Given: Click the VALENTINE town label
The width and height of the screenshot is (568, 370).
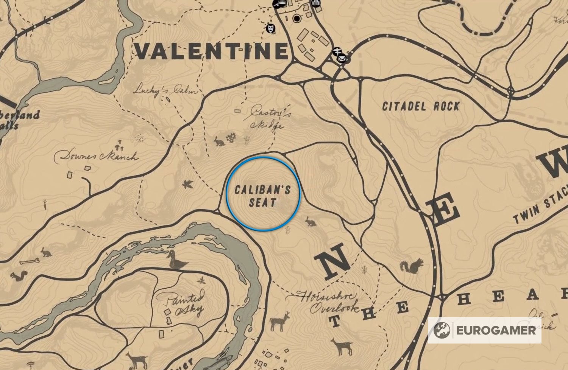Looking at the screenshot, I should [211, 51].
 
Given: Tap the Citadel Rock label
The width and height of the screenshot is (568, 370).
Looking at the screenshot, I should [421, 106].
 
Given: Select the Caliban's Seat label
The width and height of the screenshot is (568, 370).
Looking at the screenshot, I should [262, 196].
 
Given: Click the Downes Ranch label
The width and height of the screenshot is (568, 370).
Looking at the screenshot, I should [96, 156].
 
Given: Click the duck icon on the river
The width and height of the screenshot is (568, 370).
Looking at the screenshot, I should [176, 260].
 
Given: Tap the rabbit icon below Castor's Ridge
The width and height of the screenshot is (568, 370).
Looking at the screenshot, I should [219, 141].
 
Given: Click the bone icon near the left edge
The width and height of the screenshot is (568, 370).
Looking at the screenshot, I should [29, 261].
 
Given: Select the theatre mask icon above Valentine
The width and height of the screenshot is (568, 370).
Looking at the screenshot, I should [271, 28].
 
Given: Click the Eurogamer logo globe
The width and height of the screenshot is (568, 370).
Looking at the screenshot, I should [442, 330].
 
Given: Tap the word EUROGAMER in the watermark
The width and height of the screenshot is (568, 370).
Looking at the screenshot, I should [496, 330].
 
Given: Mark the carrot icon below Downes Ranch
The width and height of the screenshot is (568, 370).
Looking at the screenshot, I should [45, 205].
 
